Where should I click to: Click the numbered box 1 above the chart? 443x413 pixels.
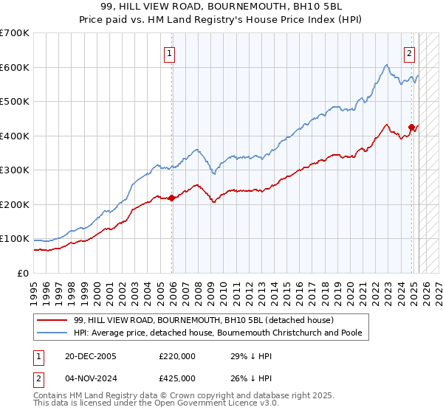point(170,53)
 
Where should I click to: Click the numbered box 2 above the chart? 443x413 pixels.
point(409,53)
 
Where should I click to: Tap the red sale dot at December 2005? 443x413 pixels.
point(172,198)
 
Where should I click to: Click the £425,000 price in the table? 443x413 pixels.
point(176,378)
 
